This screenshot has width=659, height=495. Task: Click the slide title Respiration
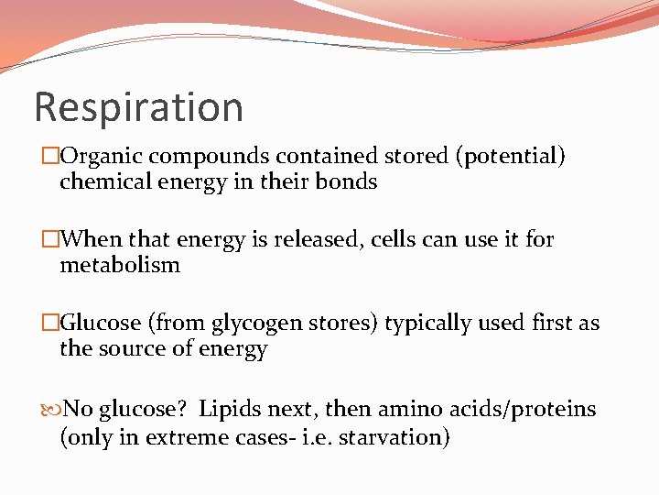click(x=138, y=107)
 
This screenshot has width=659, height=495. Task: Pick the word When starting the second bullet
click(x=93, y=240)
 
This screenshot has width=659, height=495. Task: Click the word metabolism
click(x=120, y=266)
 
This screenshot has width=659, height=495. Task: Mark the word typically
click(x=428, y=324)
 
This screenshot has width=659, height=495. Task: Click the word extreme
click(x=187, y=437)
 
